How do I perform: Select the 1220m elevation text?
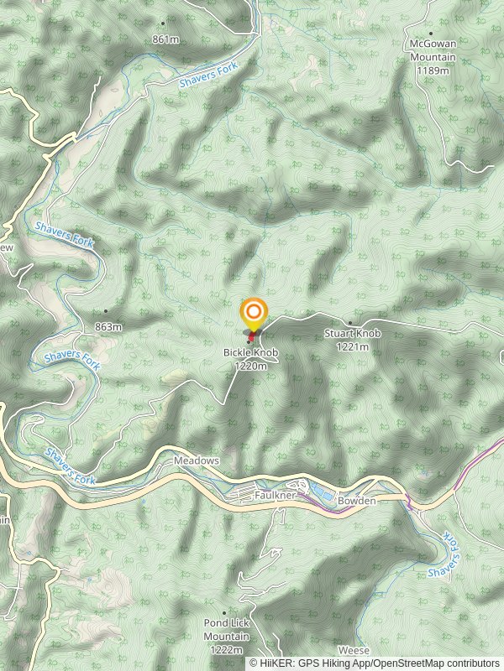click(251, 366)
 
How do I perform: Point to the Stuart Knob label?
click(353, 334)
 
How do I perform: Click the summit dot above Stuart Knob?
click(350, 323)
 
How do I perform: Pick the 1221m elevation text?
click(353, 346)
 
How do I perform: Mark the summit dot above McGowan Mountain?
click(431, 34)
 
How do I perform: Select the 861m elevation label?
click(165, 39)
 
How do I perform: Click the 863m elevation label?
click(108, 326)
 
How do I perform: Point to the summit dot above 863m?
click(106, 312)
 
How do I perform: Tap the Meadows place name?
click(196, 461)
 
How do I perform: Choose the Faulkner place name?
click(276, 497)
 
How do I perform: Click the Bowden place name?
click(356, 501)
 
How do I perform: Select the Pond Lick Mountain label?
click(227, 630)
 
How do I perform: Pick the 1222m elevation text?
click(227, 650)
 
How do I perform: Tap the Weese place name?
click(354, 651)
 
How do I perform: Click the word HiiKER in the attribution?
click(275, 663)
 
